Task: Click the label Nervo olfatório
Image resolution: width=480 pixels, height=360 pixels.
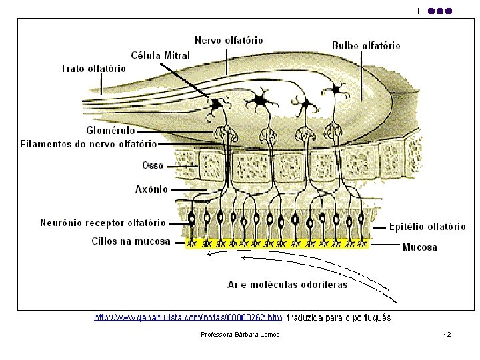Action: [x=229, y=41]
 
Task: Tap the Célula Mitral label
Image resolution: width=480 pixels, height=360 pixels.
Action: [x=160, y=55]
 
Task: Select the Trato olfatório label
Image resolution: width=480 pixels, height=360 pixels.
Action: [x=93, y=68]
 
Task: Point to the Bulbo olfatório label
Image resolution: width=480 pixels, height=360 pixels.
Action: [x=366, y=46]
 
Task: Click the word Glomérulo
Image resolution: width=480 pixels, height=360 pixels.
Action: [x=111, y=130]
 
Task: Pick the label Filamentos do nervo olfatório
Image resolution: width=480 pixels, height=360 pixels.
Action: [x=89, y=143]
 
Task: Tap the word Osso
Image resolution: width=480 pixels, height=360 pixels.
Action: [x=153, y=164]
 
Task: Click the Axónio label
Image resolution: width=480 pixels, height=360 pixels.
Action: [x=151, y=189]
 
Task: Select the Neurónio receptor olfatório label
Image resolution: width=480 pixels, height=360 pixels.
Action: [x=103, y=223]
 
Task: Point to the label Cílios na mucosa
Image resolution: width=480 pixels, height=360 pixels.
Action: [x=131, y=241]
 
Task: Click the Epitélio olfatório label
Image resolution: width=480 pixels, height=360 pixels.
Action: [x=427, y=227]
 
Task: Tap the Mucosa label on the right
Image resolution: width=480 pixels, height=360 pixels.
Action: [x=420, y=247]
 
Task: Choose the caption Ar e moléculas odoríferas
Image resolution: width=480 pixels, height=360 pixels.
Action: [x=287, y=285]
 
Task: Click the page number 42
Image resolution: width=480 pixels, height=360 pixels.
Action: [x=447, y=334]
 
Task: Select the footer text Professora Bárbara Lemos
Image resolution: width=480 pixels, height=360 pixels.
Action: [x=240, y=334]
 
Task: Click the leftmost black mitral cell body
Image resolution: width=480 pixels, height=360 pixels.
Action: [x=217, y=105]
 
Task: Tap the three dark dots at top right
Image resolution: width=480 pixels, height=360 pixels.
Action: [x=440, y=11]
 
